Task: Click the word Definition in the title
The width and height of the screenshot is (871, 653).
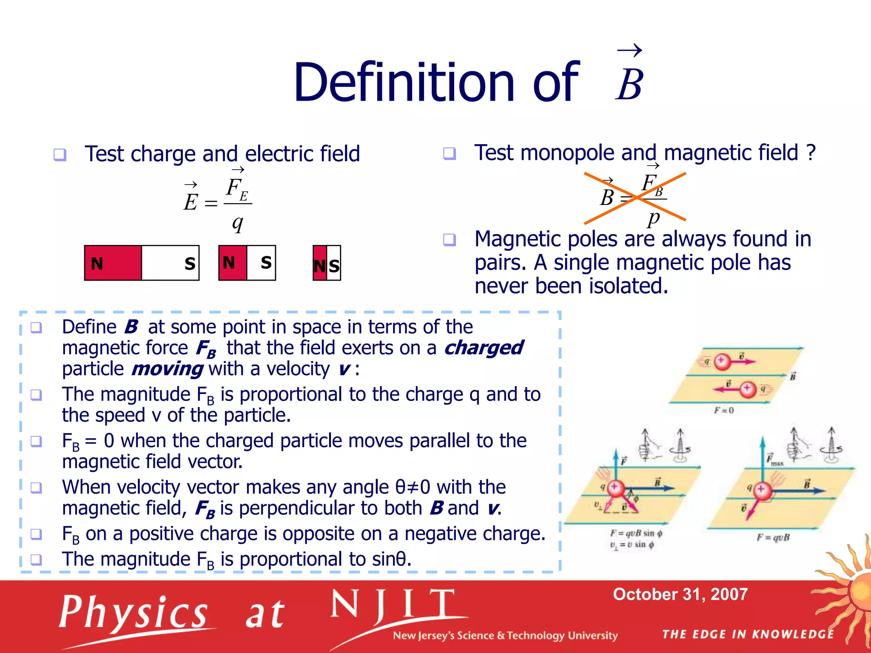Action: point(404,83)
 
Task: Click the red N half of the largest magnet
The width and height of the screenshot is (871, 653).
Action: point(113,263)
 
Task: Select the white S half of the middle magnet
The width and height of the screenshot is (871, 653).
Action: point(262,263)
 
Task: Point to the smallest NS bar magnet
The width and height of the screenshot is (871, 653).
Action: point(327,263)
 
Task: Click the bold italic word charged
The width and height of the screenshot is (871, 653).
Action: point(484,348)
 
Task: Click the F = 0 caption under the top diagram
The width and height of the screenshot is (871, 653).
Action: point(724,411)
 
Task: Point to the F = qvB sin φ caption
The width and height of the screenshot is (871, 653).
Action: point(636,533)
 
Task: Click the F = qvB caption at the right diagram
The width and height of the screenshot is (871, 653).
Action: point(773,537)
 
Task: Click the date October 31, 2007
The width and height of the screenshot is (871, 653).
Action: point(680,594)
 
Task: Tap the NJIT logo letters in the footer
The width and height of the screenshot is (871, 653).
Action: point(393,605)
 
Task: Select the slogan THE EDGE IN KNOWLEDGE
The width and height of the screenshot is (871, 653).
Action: point(748,635)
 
